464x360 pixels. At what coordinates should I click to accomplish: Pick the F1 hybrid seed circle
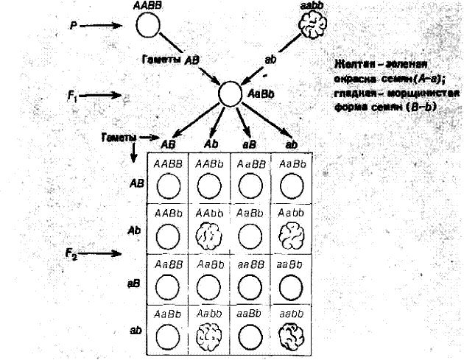click(x=230, y=93)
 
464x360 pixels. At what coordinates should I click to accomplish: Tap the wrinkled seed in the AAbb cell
click(x=209, y=236)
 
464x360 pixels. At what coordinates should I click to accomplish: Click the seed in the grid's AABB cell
click(x=169, y=186)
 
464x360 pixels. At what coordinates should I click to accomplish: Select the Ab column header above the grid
click(x=210, y=144)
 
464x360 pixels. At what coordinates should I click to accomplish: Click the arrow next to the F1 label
click(x=106, y=95)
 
